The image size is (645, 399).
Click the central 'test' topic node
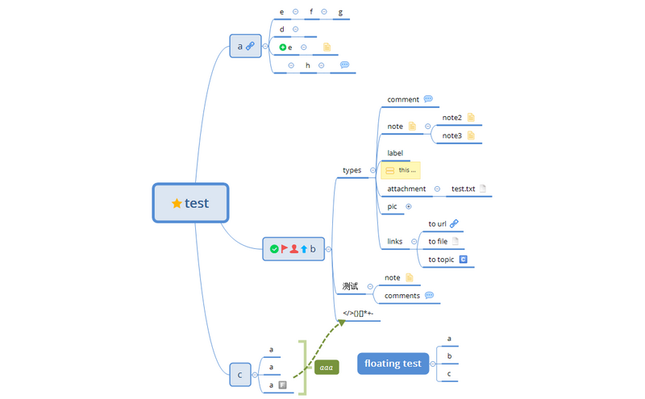pos(191,203)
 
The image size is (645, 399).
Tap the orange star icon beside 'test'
pos(177,203)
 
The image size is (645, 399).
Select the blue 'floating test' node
pos(392,364)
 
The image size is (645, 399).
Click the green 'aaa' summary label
pos(327,368)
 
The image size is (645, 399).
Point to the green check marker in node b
pos(274,249)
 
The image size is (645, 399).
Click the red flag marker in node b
pos(285,249)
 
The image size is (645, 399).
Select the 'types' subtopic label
pos(352,170)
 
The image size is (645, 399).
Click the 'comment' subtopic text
pos(403,99)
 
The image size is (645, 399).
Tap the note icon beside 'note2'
pos(471,118)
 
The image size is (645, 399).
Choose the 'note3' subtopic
pos(451,135)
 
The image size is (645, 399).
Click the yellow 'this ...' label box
pos(400,170)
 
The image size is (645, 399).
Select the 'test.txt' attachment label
pos(463,189)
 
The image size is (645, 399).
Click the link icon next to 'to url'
pos(454,223)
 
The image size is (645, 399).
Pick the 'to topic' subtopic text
pos(441,260)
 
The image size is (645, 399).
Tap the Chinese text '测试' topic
pos(350,286)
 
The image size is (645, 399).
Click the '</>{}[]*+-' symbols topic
pos(357,313)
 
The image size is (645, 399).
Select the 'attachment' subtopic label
pos(406,189)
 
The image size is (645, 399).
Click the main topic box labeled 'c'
pos(239,375)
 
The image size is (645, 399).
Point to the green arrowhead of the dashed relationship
pos(341,322)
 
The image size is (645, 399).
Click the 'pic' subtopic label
pos(393,206)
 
